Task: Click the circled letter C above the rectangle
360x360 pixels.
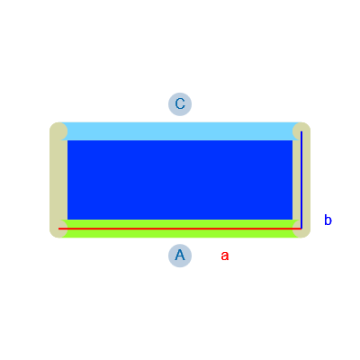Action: click(180, 104)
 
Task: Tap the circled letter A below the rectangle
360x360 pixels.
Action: click(180, 256)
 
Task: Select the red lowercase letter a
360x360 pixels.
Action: click(225, 256)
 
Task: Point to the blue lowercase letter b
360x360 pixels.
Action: click(328, 220)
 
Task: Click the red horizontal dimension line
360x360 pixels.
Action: click(180, 229)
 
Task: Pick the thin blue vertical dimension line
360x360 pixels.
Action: click(301, 180)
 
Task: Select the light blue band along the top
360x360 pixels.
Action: click(180, 131)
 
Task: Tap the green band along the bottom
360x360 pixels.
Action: click(180, 229)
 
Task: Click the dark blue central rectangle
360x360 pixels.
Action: click(180, 180)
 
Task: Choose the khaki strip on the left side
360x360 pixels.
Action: click(58, 180)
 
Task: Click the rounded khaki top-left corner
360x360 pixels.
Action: click(58, 131)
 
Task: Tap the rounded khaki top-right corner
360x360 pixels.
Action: click(301, 131)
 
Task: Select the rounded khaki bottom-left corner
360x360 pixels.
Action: click(58, 229)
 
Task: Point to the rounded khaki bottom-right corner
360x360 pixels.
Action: click(301, 229)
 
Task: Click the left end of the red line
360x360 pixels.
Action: click(58, 229)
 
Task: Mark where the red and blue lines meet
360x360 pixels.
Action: click(301, 229)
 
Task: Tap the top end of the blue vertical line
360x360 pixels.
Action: click(301, 131)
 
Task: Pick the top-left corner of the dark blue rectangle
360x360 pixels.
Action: click(67, 140)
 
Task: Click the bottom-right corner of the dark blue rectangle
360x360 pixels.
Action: click(292, 220)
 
